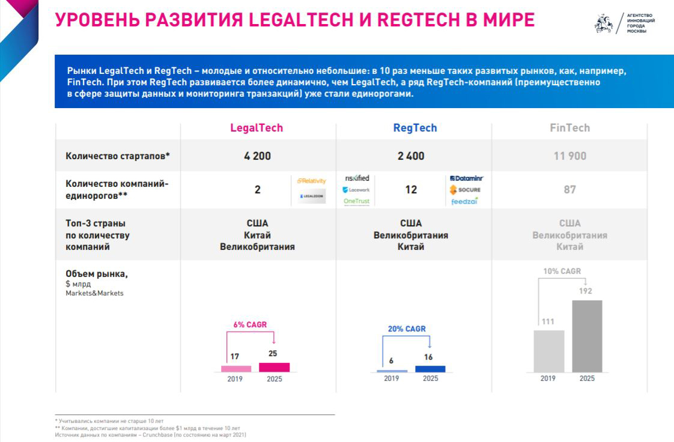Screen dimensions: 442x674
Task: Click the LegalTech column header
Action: [257, 128]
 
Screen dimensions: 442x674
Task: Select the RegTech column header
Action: [415, 128]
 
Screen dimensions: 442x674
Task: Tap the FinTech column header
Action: [569, 128]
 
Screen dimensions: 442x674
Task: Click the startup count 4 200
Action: [257, 156]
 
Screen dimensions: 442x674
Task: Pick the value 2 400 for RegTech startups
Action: [411, 156]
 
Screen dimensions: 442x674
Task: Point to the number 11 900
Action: [569, 156]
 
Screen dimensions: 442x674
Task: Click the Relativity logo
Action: [312, 181]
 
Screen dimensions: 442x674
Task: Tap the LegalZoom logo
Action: [312, 197]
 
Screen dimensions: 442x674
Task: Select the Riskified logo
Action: [357, 178]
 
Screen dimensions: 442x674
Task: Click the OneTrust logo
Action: [357, 201]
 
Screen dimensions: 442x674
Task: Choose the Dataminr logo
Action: [466, 178]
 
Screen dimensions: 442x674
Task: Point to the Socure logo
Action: [466, 190]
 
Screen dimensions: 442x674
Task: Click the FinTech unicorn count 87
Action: [569, 190]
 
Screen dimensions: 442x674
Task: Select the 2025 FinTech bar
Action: [587, 336]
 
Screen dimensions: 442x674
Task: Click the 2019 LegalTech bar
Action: [236, 369]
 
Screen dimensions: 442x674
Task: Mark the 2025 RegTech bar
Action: [430, 369]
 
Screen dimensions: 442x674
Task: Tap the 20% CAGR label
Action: [407, 328]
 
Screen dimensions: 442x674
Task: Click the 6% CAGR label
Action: [250, 325]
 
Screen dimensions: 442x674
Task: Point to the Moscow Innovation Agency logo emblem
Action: [603, 23]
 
